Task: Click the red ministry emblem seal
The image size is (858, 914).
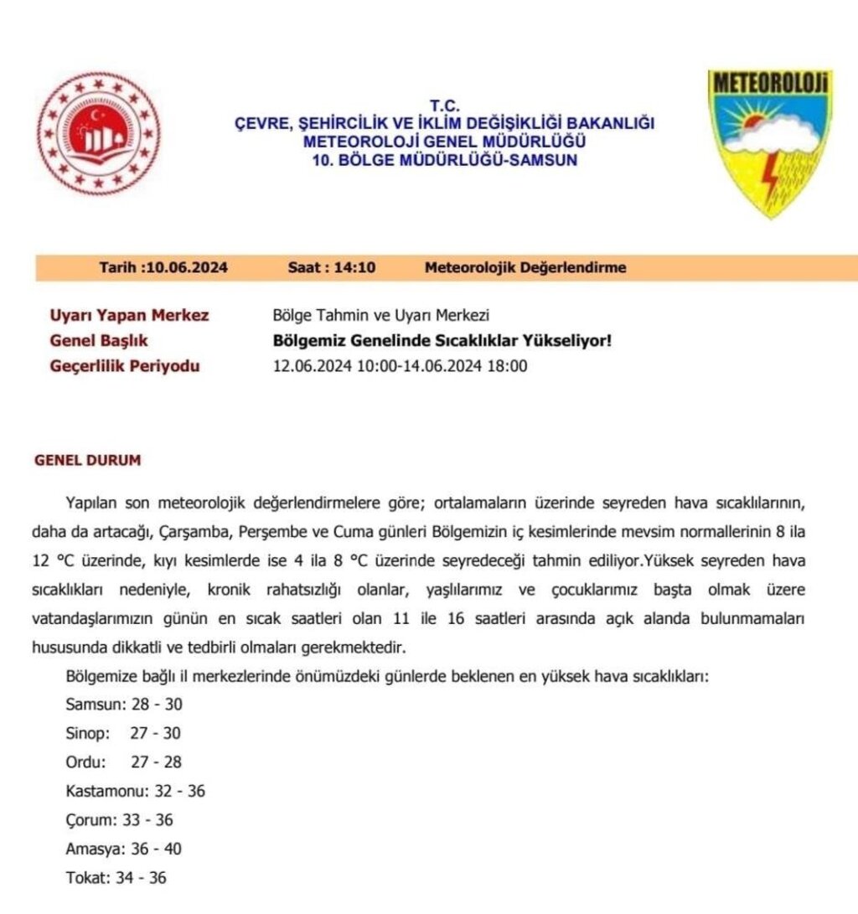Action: click(99, 133)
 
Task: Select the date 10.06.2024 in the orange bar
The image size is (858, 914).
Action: click(186, 268)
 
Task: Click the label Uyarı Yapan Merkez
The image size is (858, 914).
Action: click(130, 316)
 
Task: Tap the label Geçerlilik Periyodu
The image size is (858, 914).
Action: click(126, 366)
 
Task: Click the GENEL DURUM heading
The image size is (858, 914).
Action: click(87, 461)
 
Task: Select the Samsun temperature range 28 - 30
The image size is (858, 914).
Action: click(158, 705)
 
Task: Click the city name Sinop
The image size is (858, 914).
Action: click(87, 734)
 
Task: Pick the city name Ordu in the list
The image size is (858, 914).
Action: click(85, 762)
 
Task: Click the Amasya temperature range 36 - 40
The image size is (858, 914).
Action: click(156, 849)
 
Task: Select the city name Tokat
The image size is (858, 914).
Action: click(87, 878)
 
